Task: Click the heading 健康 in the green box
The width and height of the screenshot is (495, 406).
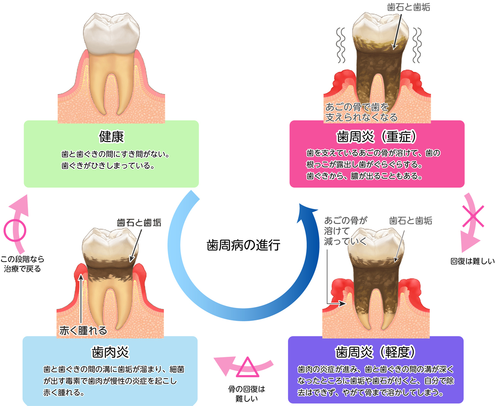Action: (111, 136)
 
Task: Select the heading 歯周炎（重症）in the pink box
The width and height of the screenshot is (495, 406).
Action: (377, 136)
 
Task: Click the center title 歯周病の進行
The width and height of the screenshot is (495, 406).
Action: (243, 245)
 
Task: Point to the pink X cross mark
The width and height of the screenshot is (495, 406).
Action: (473, 216)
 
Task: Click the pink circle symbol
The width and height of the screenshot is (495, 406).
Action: (15, 231)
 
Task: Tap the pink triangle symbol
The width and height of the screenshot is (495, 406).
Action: (247, 367)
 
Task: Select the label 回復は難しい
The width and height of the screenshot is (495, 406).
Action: (472, 261)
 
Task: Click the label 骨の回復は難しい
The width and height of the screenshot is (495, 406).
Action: (246, 394)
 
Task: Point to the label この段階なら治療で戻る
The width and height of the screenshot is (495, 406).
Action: (22, 264)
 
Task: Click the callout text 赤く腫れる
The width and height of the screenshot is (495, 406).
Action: (83, 330)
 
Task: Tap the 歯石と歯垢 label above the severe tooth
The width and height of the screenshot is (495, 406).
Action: (408, 7)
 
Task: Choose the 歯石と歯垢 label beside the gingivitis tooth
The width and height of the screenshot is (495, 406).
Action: (139, 222)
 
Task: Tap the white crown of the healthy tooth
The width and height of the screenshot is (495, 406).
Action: (111, 33)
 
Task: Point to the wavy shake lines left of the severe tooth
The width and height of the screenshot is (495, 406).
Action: (341, 45)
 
